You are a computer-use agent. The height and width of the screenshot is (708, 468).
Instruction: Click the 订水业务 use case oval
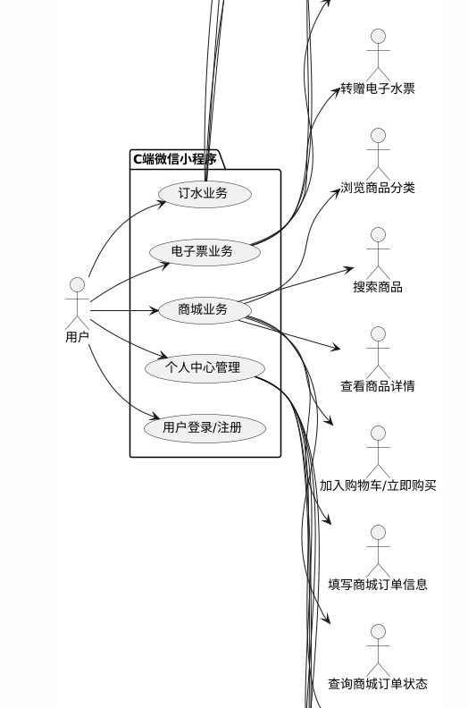(x=205, y=194)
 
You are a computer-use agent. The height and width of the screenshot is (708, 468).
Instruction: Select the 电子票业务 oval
(x=205, y=251)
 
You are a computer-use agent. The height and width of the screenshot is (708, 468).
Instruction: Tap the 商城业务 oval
(x=205, y=309)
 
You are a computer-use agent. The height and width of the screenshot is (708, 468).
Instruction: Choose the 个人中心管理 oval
(x=205, y=367)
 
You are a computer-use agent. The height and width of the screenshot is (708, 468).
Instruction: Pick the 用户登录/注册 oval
(x=205, y=427)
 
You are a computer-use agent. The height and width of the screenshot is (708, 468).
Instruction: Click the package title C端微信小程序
(x=175, y=159)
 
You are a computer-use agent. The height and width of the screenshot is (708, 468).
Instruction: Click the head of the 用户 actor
(x=77, y=285)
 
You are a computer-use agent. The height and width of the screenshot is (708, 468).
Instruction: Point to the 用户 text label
(x=77, y=337)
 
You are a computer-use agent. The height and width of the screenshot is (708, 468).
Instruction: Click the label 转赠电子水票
(x=378, y=88)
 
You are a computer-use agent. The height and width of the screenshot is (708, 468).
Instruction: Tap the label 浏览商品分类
(x=378, y=188)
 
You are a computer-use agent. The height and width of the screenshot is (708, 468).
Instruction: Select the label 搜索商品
(x=378, y=287)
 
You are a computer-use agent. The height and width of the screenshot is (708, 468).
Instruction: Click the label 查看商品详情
(x=378, y=386)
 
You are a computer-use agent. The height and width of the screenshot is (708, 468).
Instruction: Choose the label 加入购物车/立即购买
(x=378, y=485)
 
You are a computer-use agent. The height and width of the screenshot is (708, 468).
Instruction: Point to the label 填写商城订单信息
(x=378, y=585)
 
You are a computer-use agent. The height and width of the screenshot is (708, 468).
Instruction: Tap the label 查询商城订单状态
(x=378, y=684)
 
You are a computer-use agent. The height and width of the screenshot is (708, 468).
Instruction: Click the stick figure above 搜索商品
(x=378, y=253)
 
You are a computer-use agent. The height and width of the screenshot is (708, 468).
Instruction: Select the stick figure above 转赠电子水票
(x=378, y=55)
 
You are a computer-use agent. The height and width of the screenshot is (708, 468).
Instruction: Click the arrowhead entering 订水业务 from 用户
(x=162, y=204)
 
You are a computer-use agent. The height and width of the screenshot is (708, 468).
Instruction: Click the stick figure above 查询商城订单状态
(x=378, y=651)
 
